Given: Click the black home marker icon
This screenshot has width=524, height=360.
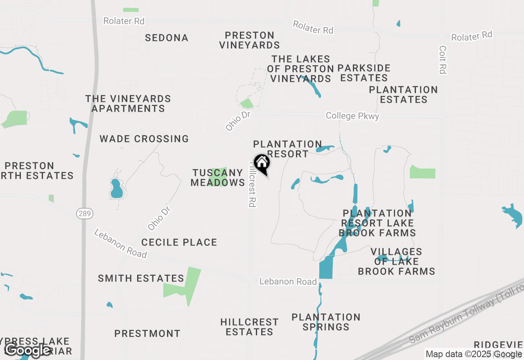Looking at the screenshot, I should pyautogui.click(x=262, y=163).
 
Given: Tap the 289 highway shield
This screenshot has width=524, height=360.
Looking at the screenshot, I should pyautogui.click(x=85, y=213).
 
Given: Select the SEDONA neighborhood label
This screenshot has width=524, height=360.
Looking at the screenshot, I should pyautogui.click(x=167, y=38).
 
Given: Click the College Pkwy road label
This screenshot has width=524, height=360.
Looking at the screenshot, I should pyautogui.click(x=352, y=116).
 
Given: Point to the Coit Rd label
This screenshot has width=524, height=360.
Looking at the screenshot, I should pyautogui.click(x=442, y=60).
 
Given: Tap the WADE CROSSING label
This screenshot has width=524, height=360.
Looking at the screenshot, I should pyautogui.click(x=144, y=139).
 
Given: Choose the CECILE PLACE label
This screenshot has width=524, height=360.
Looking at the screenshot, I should pyautogui.click(x=179, y=243).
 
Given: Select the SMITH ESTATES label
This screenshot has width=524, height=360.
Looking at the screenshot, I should pyautogui.click(x=141, y=279).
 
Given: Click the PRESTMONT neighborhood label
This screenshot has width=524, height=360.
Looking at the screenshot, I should pyautogui.click(x=147, y=334).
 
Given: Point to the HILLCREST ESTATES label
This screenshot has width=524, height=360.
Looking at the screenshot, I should pyautogui.click(x=249, y=327).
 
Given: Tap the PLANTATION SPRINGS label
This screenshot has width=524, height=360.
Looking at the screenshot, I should pyautogui.click(x=326, y=322).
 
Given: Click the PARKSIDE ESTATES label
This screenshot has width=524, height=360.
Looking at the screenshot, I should pyautogui.click(x=364, y=73).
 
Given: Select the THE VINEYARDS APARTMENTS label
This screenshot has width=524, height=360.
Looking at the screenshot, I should pyautogui.click(x=128, y=104).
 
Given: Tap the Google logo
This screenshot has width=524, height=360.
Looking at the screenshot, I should pyautogui.click(x=27, y=350).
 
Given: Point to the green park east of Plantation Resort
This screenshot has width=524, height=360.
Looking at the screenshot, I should pyautogui.click(x=422, y=172).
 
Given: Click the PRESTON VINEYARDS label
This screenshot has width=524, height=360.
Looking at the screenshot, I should pyautogui.click(x=249, y=40).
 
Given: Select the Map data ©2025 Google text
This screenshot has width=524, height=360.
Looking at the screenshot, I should pyautogui.click(x=474, y=354).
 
